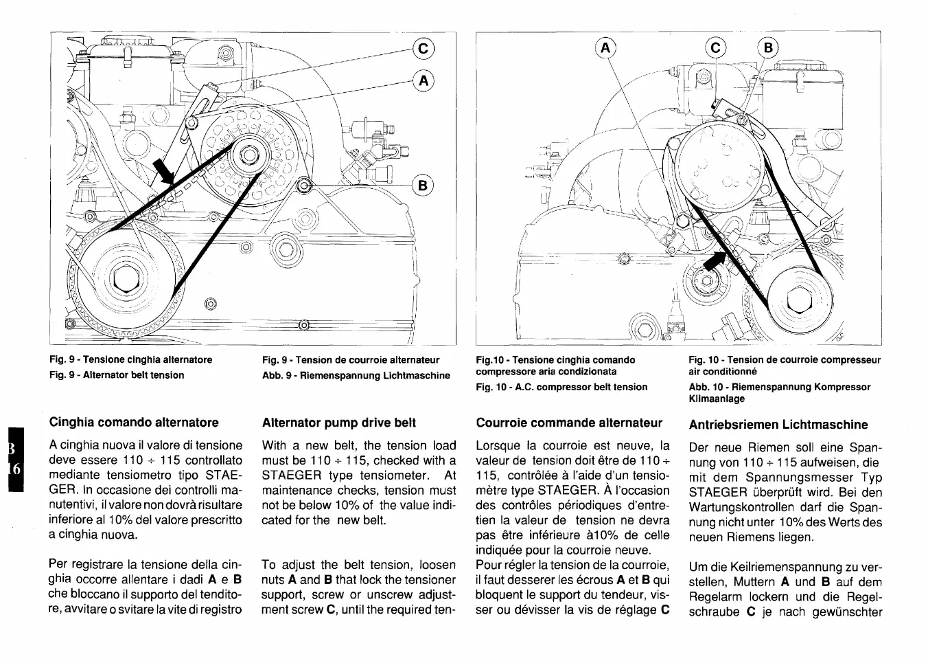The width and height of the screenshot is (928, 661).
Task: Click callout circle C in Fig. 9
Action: click(x=424, y=48)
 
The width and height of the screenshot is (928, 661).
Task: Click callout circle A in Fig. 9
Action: click(x=424, y=81)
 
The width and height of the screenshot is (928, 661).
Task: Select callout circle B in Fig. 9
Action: click(x=423, y=185)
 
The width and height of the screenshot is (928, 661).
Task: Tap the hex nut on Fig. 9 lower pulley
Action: click(x=126, y=280)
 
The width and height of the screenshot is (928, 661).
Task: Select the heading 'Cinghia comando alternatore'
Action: click(x=134, y=422)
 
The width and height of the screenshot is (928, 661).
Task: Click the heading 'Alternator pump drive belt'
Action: click(x=339, y=423)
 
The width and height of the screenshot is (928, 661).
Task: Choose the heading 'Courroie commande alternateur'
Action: click(x=569, y=423)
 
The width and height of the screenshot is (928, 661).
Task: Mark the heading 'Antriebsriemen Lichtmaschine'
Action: click(x=778, y=424)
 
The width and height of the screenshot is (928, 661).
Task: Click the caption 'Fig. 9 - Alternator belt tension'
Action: click(x=117, y=374)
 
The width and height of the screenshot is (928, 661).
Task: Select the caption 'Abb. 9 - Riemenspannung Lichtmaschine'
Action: click(x=356, y=375)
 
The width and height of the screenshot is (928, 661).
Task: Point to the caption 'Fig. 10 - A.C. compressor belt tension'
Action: click(x=561, y=387)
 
